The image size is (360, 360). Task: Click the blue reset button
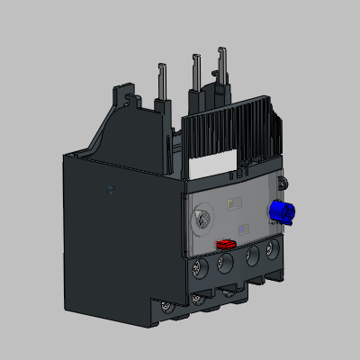[278, 213]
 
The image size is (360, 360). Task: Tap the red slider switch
[225, 243]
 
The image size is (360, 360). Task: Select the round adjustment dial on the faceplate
[203, 218]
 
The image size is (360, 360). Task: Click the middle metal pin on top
[194, 71]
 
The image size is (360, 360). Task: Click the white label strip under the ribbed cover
[216, 166]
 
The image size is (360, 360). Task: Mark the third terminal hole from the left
[252, 257]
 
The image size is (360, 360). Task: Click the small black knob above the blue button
[284, 185]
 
